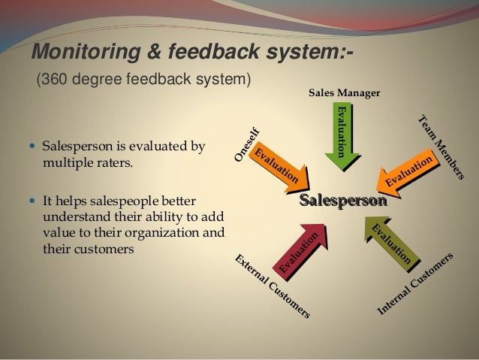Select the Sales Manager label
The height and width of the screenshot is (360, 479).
(345, 93)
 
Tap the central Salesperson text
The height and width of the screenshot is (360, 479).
(343, 201)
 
